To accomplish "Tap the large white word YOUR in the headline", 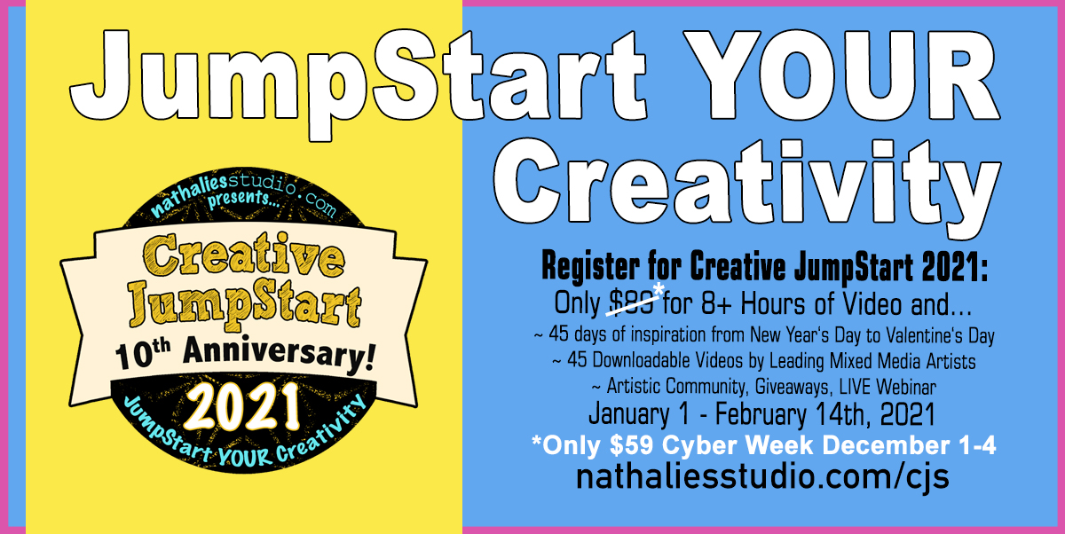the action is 840,75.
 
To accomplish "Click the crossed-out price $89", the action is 632,303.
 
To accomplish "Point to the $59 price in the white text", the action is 631,445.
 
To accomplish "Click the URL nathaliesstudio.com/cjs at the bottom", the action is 762,477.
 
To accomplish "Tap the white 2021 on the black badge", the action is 242,406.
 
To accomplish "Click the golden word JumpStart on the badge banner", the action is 245,305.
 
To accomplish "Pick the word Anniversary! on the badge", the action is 279,354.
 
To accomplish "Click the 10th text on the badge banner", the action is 142,355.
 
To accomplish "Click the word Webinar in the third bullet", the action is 906,387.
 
